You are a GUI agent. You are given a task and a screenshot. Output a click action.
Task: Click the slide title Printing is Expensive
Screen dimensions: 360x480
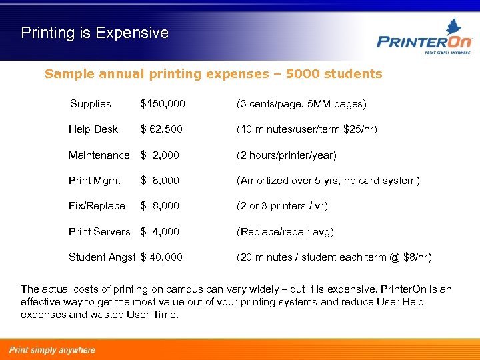(95, 33)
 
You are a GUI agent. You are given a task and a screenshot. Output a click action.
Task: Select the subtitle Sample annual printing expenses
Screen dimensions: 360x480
(213, 74)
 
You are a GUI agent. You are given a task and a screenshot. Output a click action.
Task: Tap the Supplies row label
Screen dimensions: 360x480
(91, 104)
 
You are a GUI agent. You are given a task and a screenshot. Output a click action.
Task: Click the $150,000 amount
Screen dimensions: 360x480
(163, 104)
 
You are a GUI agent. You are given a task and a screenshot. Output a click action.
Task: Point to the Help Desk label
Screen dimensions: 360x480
(93, 129)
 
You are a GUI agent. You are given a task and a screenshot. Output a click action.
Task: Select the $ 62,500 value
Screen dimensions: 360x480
(161, 129)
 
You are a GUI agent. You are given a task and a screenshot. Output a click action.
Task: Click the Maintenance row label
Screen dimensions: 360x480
(99, 155)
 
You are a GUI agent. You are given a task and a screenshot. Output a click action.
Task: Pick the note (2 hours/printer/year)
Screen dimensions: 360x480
(287, 155)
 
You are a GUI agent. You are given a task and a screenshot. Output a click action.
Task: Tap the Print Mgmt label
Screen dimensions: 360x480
(95, 181)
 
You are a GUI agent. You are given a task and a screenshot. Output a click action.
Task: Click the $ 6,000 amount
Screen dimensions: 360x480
(160, 181)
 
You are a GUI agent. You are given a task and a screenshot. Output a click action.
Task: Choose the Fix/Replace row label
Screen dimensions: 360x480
(97, 206)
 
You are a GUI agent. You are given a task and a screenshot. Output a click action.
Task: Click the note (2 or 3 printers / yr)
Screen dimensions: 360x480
(282, 206)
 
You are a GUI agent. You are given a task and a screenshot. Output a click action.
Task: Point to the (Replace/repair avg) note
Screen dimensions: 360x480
(285, 232)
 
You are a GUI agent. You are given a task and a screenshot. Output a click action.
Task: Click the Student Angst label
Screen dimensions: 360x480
(102, 257)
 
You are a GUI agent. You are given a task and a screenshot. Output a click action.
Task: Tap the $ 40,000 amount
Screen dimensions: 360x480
(161, 257)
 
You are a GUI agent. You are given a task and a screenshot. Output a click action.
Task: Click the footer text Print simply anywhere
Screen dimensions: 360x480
(52, 350)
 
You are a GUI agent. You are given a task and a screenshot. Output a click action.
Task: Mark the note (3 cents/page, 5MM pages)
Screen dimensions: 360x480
(301, 104)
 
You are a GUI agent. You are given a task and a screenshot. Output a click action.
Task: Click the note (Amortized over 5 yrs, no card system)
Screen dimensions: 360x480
(328, 181)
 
